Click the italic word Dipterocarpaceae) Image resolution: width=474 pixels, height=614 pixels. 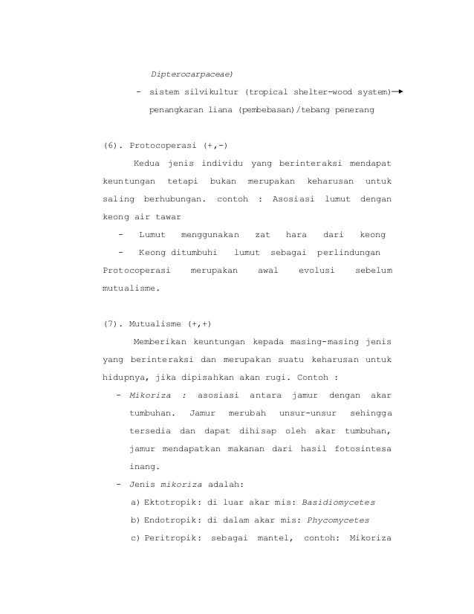191,75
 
